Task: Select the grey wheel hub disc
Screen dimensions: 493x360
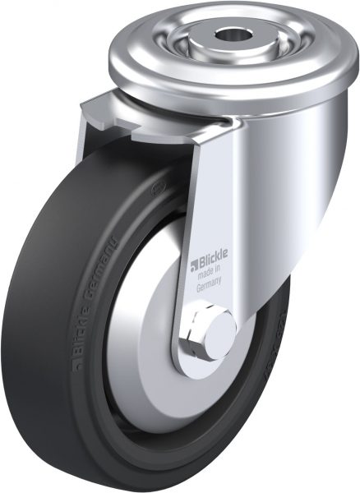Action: (x=149, y=345)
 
